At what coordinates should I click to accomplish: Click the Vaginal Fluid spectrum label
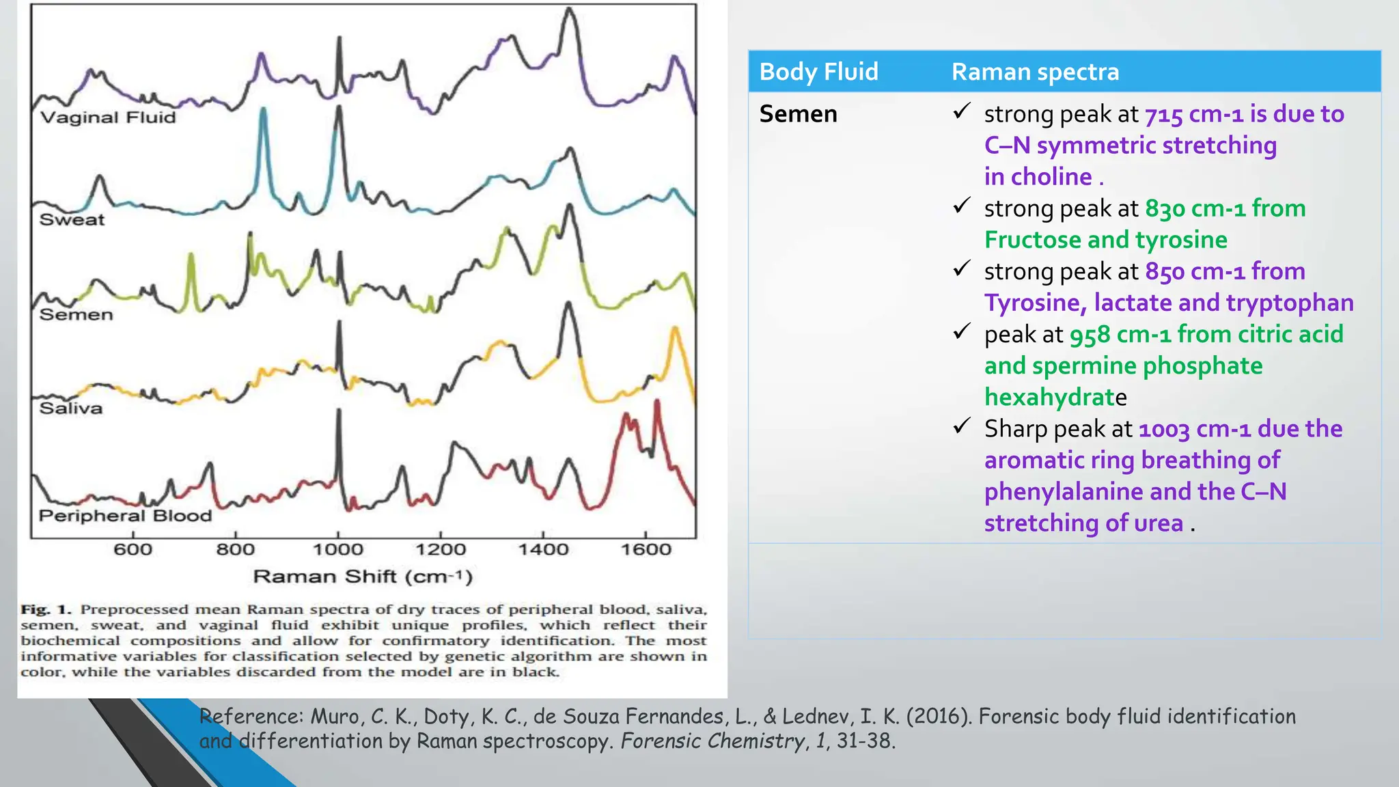coord(108,118)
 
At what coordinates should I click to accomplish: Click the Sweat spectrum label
coord(72,220)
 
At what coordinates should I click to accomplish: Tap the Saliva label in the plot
coord(70,409)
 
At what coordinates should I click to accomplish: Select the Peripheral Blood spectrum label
coord(125,516)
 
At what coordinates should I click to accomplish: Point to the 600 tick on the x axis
coord(133,550)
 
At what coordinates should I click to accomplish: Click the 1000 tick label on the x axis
coord(337,550)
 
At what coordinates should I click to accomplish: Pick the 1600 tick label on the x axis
coord(646,550)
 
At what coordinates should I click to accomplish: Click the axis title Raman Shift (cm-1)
coord(363,577)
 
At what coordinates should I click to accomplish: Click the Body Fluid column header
coord(818,72)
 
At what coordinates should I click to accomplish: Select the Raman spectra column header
coord(1035,72)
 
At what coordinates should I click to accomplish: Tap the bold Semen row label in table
coord(798,114)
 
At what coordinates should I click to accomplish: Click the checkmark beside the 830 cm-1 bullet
coord(962,205)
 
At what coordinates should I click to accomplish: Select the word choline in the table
coord(1051,177)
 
